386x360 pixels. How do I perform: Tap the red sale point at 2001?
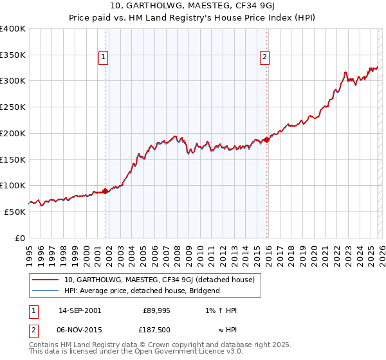pos(105,191)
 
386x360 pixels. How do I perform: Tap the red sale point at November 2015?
pos(267,139)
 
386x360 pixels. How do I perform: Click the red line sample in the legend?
pos(45,280)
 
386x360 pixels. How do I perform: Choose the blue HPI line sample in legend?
pos(45,291)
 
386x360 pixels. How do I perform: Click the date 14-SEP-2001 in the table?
pos(79,310)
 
